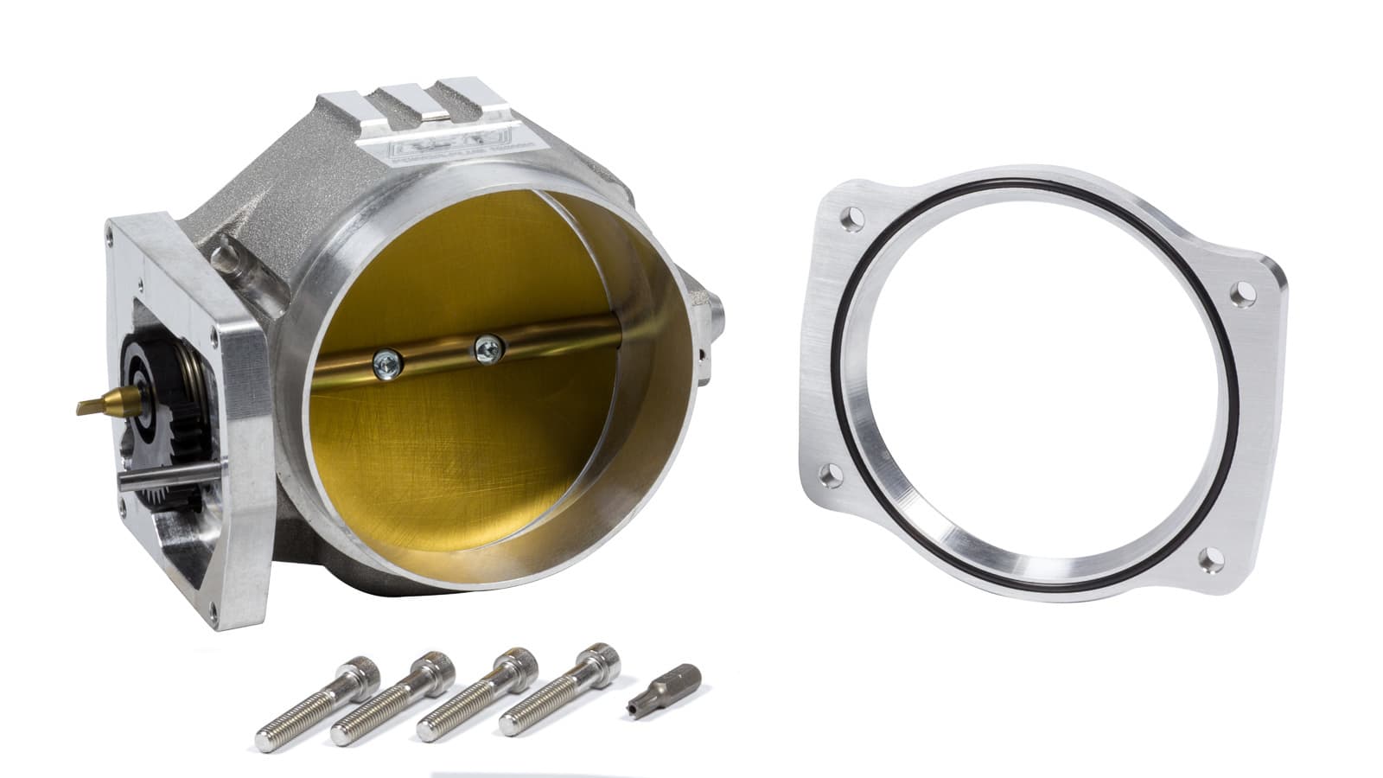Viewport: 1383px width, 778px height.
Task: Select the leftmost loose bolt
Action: tap(311, 705)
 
